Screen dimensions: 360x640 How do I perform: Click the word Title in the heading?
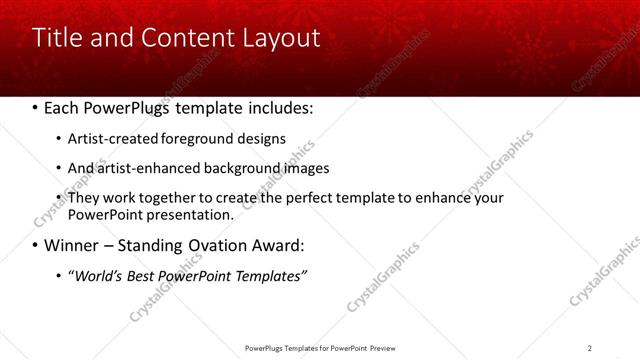tap(54, 38)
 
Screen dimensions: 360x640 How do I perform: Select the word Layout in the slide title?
tap(279, 38)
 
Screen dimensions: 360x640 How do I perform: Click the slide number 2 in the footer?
tap(590, 348)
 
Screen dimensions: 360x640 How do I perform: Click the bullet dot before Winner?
tap(35, 245)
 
